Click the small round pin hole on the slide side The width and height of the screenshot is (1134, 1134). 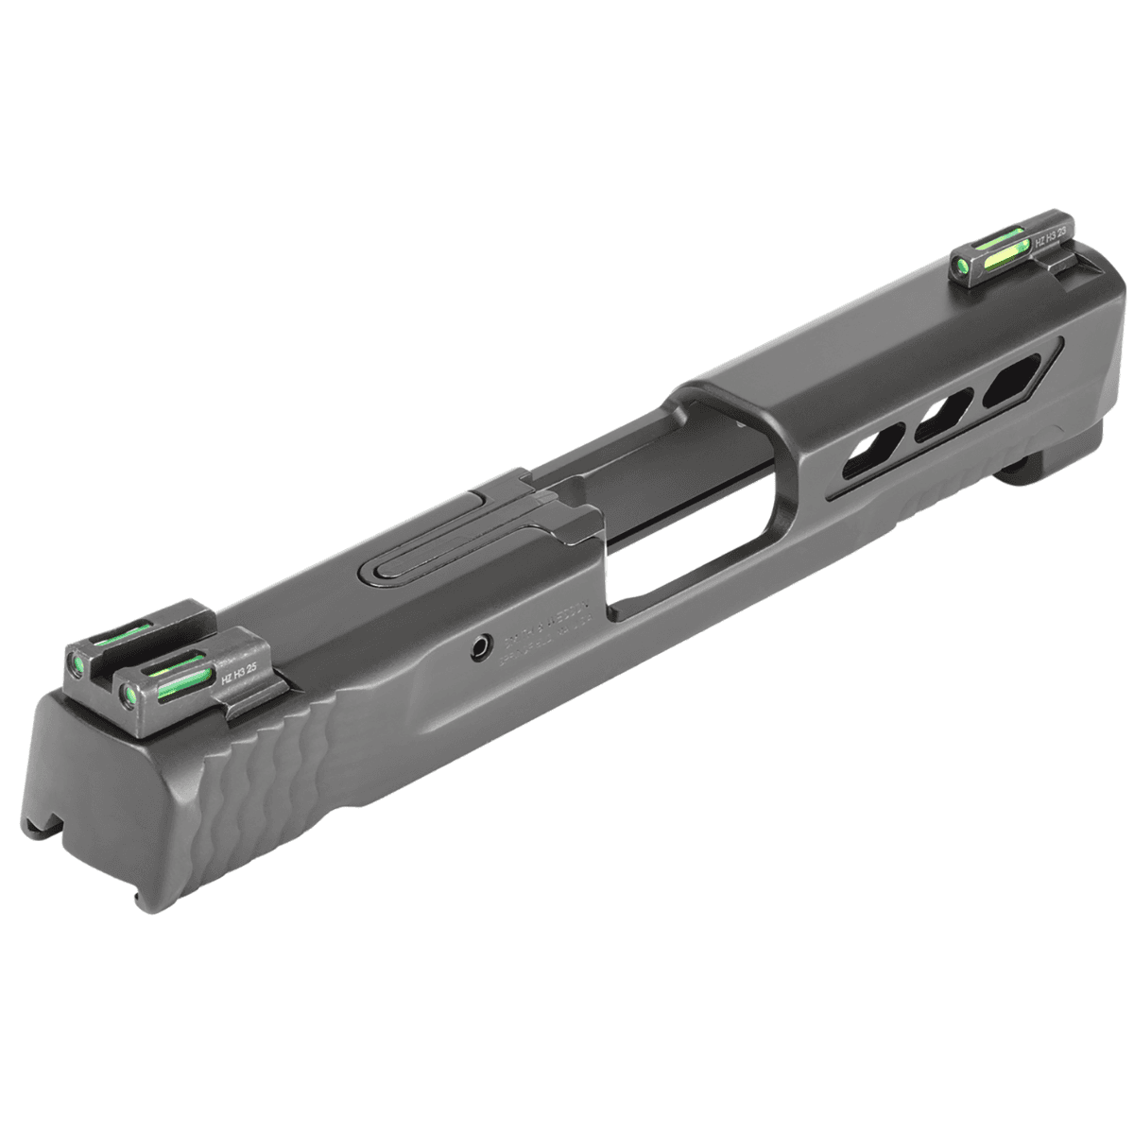click(482, 648)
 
